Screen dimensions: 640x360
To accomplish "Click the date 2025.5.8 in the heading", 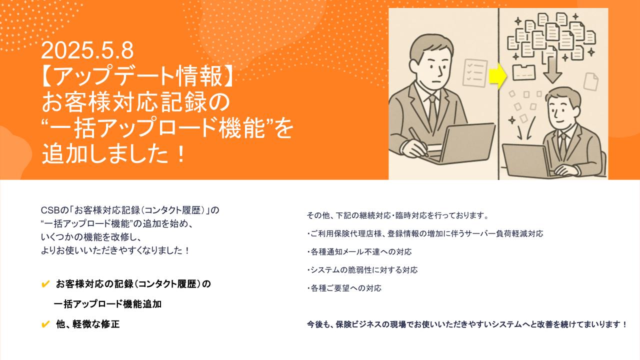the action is [x=87, y=50].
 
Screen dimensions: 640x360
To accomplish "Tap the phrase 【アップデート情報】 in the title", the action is [x=137, y=75].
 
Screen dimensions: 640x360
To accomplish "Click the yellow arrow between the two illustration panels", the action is [x=497, y=76].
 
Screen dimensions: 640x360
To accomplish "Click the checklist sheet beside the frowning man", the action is [x=474, y=73].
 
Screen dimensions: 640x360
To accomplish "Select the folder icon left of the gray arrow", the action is [x=524, y=72].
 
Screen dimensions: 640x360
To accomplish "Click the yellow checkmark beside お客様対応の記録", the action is [x=45, y=284].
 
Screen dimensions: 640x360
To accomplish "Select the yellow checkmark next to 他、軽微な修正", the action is [x=45, y=324].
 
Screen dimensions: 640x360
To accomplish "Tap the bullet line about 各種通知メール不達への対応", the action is [x=359, y=251].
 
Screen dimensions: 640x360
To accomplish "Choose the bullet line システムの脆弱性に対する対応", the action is [x=362, y=270].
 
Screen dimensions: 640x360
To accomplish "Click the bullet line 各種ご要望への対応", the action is [x=344, y=288].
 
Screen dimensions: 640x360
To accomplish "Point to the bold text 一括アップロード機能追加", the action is [x=107, y=304].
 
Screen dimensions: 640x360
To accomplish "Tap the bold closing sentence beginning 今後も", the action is [x=467, y=324].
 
